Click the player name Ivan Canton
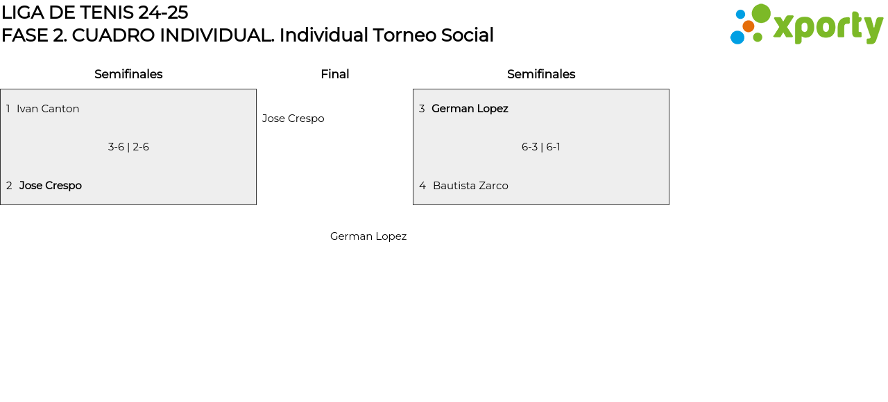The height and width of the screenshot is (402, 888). click(48, 109)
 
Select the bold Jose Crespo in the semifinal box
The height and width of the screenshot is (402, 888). click(51, 186)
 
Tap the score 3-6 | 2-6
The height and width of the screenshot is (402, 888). click(128, 147)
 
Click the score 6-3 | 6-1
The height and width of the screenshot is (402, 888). click(540, 147)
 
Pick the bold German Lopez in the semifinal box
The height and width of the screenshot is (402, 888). click(470, 109)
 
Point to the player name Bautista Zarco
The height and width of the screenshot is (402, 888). click(470, 186)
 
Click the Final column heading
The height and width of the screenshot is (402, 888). click(335, 74)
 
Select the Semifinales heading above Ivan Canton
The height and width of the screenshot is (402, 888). click(128, 74)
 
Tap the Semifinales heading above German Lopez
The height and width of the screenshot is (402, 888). click(541, 74)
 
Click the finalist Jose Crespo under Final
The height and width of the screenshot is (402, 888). click(293, 119)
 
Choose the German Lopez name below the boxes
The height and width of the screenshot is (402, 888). click(368, 236)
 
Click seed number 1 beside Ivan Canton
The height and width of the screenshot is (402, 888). click(8, 109)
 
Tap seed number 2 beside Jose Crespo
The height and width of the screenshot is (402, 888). click(9, 186)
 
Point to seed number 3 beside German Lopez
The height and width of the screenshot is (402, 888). click(422, 109)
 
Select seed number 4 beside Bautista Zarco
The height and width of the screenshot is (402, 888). click(422, 186)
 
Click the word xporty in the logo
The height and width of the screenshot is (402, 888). click(828, 27)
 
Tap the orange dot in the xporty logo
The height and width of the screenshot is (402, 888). click(748, 26)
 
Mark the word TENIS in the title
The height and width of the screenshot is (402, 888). click(107, 12)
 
